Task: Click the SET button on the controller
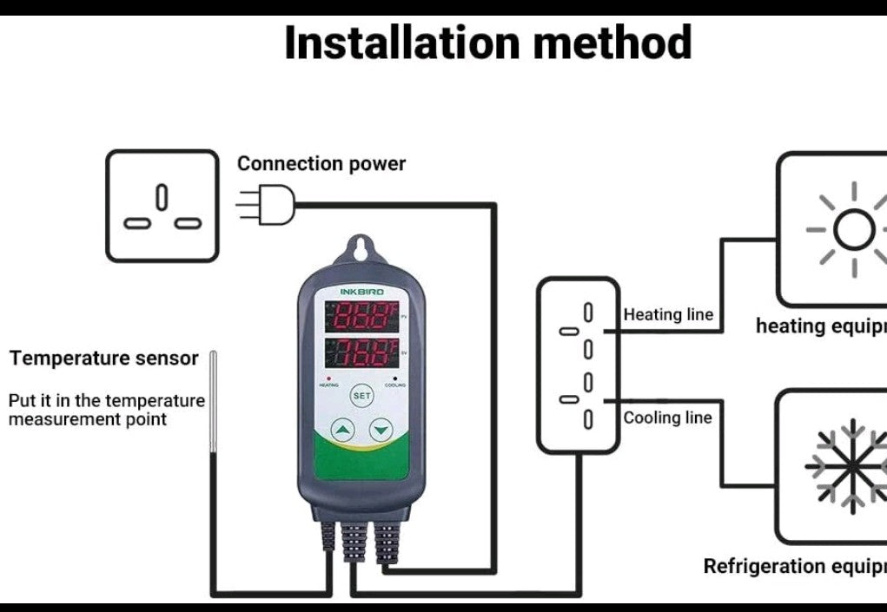[x=361, y=395]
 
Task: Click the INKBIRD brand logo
[x=361, y=293]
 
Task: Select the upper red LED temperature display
[x=361, y=316]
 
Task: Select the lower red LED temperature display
[x=361, y=354]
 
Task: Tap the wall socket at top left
[x=162, y=206]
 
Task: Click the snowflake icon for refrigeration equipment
[x=850, y=466]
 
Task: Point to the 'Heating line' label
[x=667, y=314]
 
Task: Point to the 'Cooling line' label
[x=667, y=418]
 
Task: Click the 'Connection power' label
[x=321, y=163]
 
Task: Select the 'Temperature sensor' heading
[x=104, y=358]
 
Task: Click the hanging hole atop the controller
[x=361, y=249]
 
